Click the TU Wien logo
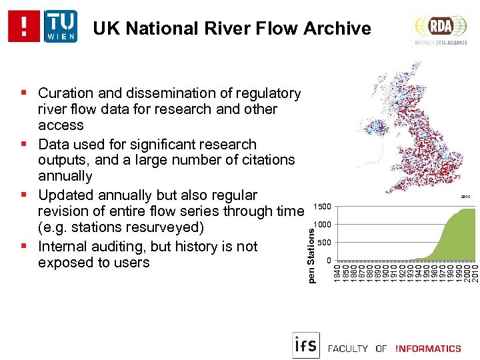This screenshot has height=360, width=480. tap(61, 27)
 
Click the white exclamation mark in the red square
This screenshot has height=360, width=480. tap(25, 27)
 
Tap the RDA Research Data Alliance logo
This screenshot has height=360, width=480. tap(440, 27)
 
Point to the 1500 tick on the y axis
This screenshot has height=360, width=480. tap(322, 206)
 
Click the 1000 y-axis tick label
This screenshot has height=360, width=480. tap(322, 224)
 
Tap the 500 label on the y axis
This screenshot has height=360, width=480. tap(323, 242)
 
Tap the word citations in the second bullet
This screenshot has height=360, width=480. tap(263, 160)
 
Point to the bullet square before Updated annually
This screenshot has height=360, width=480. tap(23, 195)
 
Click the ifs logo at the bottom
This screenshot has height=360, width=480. tap(305, 345)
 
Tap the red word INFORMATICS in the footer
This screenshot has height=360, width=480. tap(428, 349)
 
